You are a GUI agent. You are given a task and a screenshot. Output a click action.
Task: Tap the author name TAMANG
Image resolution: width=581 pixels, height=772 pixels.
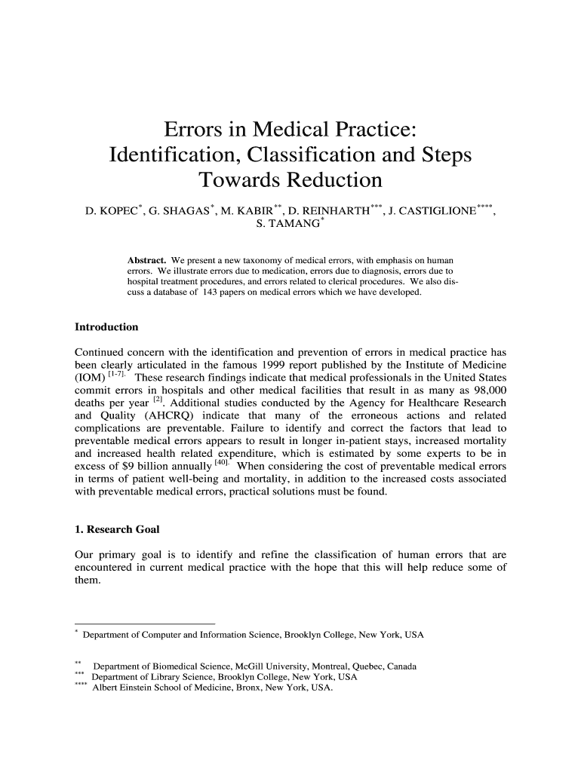pyautogui.click(x=291, y=224)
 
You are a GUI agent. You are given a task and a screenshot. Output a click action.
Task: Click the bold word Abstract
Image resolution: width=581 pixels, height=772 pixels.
pyautogui.click(x=146, y=260)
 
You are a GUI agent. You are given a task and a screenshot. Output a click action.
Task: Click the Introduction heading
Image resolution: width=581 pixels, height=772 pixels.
pyautogui.click(x=106, y=327)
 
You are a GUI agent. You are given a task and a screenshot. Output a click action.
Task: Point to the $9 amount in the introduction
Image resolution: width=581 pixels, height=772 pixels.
pyautogui.click(x=125, y=467)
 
